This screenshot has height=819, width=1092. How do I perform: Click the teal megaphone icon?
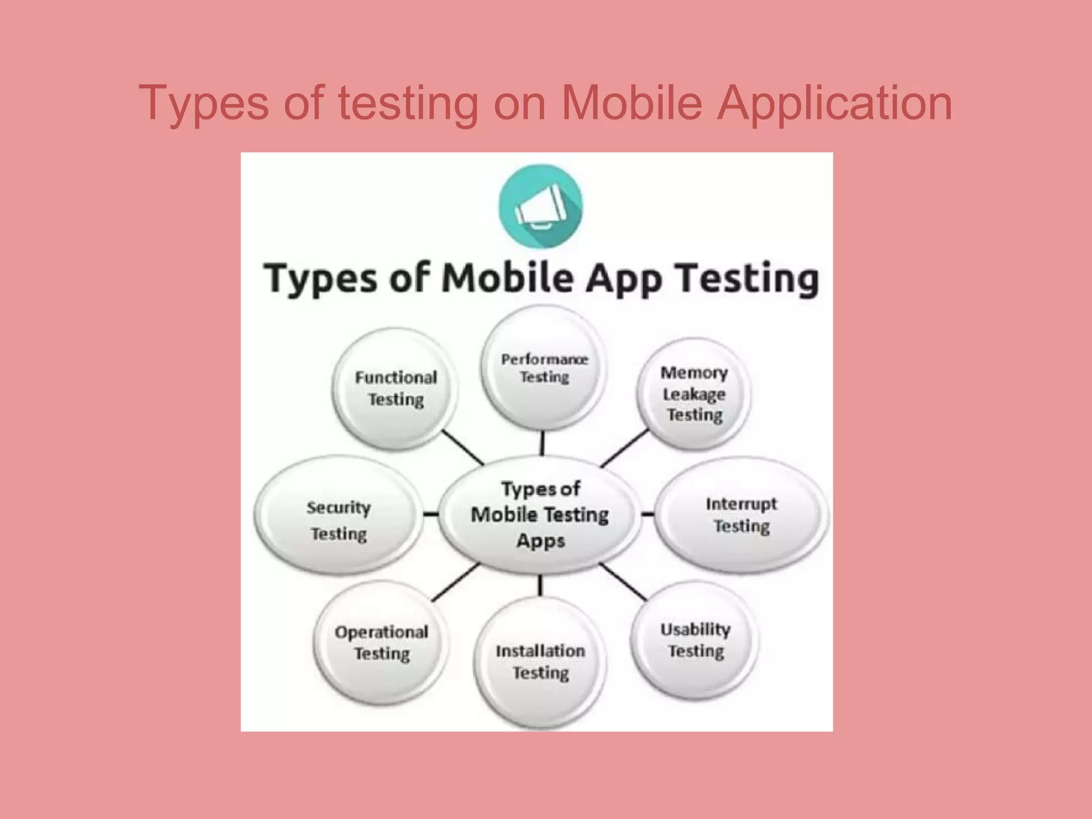[x=540, y=206]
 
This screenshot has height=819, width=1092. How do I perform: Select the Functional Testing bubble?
[x=396, y=389]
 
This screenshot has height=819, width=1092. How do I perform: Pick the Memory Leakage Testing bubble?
[x=694, y=394]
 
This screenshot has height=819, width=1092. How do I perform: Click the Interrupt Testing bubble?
[x=741, y=515]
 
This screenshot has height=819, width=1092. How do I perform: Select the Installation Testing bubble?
[x=540, y=662]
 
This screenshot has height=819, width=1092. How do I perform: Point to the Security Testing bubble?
[x=338, y=520]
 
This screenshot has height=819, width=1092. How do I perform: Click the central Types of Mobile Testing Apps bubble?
[x=540, y=515]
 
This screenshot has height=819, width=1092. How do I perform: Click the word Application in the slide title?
[x=834, y=102]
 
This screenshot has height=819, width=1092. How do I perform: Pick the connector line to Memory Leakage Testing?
[x=625, y=448]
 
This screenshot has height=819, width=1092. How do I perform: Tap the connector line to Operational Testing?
[x=455, y=583]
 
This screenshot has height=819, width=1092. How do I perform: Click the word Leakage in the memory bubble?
[x=694, y=395]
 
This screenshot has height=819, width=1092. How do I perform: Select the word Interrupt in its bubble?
[x=741, y=504]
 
